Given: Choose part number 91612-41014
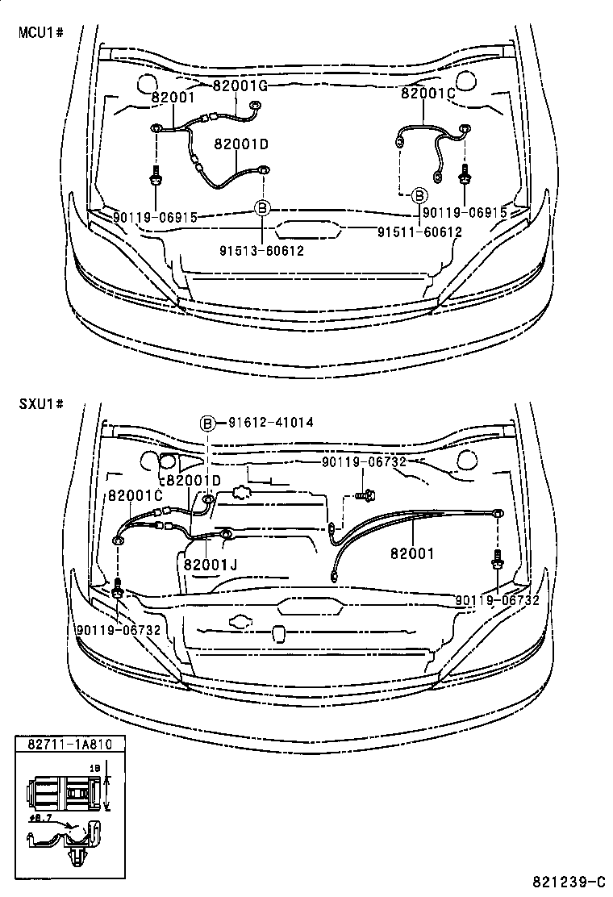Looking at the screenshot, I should pos(270,422).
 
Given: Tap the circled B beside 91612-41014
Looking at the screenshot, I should pos(207,423).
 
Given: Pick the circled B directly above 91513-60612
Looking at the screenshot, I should pos(261,209).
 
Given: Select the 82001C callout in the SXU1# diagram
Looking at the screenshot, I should pos(135,495).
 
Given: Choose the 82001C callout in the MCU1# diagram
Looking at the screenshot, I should pos(428,94).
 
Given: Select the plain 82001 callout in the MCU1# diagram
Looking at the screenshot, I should pos(173,98).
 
